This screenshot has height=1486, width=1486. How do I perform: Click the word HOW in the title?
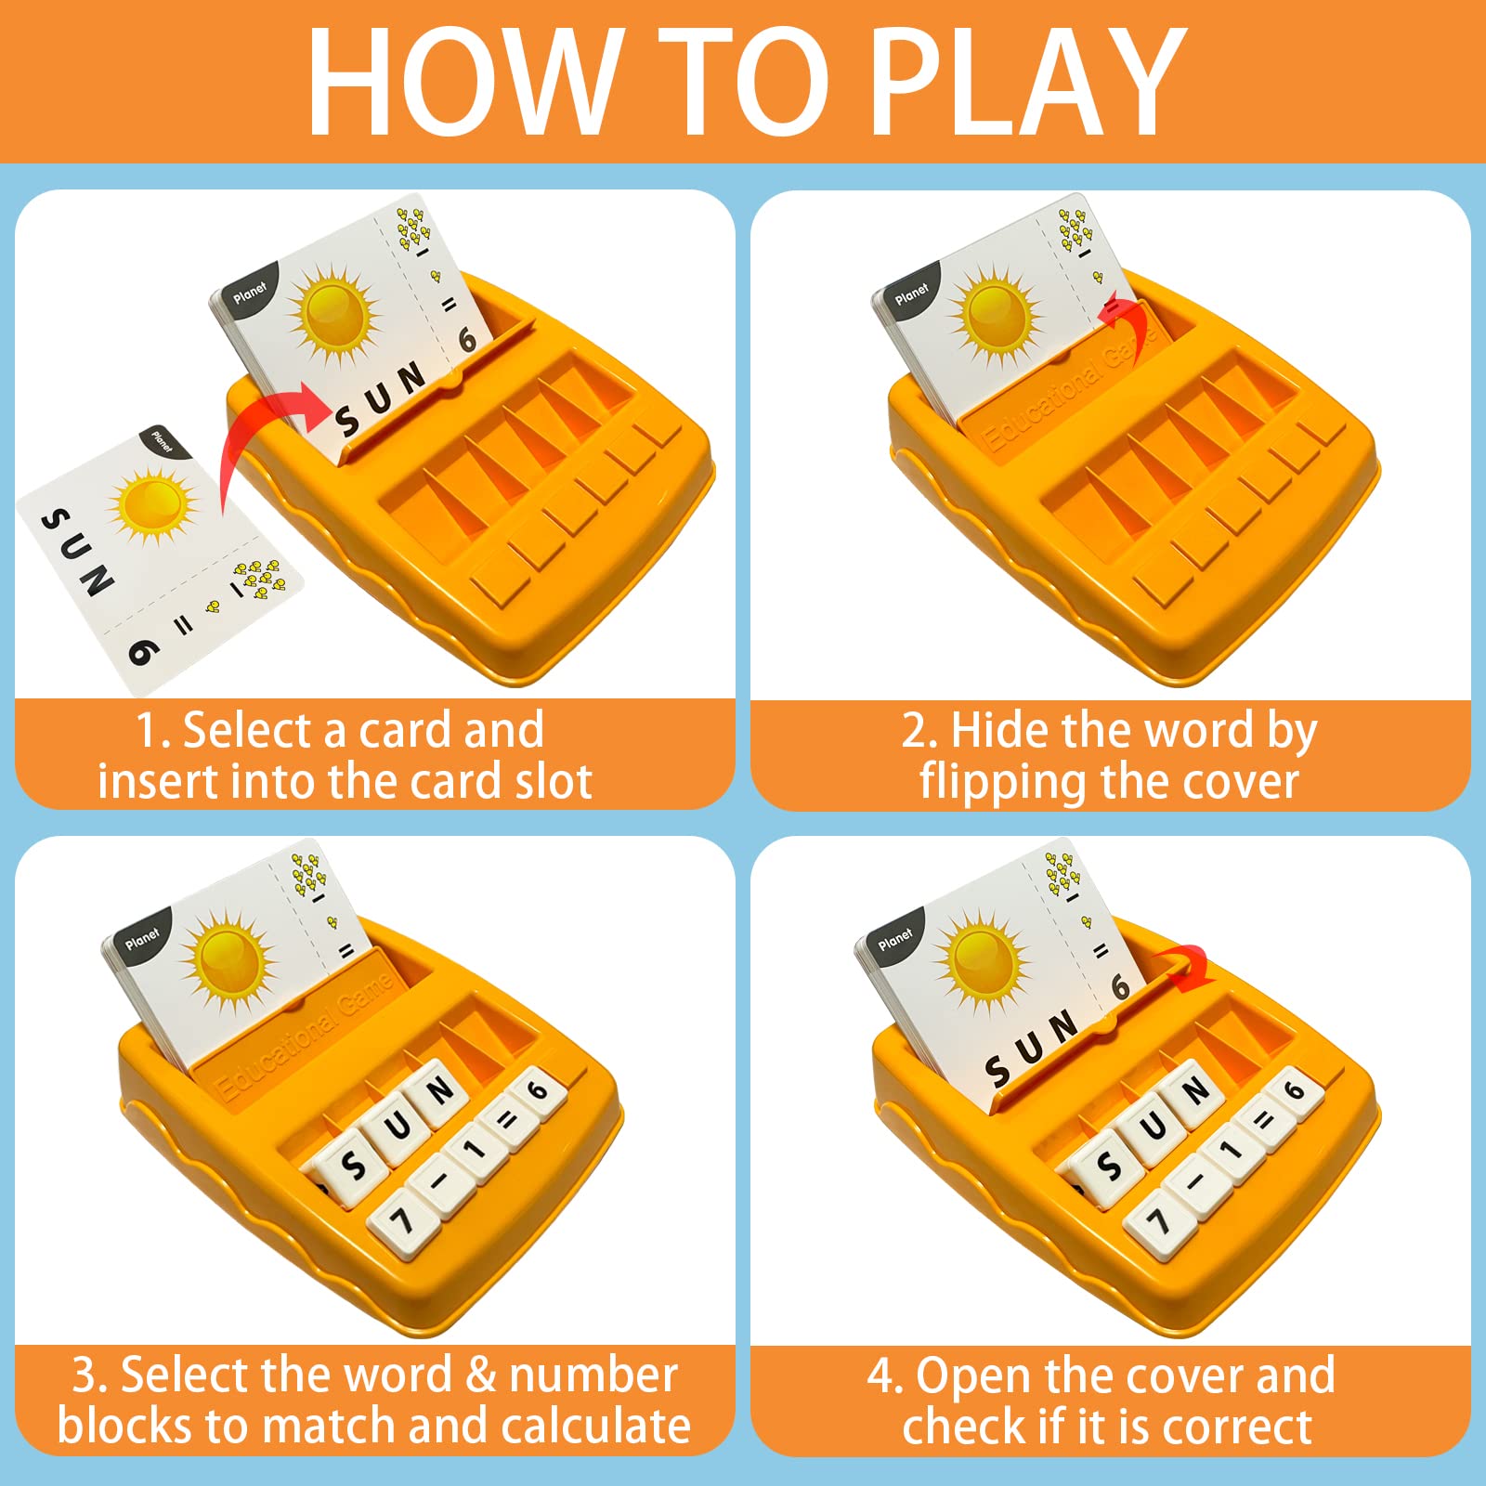[x=464, y=82]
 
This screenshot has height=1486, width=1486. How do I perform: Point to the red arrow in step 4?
[x=1183, y=966]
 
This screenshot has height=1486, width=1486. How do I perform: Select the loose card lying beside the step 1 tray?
[x=160, y=563]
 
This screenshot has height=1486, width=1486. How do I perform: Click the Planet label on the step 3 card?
[x=142, y=939]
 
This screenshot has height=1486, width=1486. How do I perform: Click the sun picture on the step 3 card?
[x=228, y=960]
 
